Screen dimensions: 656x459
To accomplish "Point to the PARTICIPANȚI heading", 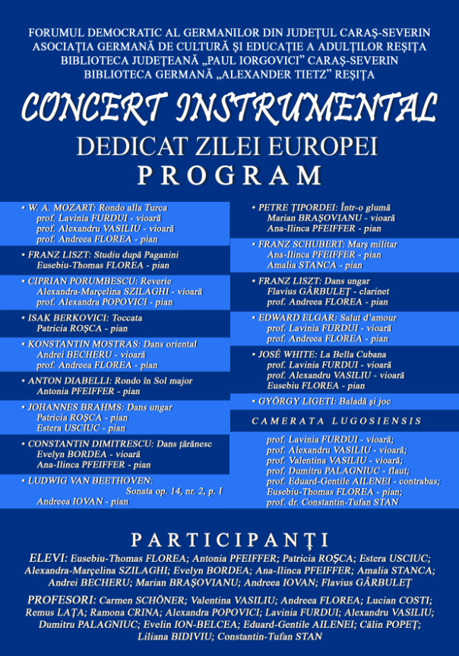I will pos(229,540).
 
